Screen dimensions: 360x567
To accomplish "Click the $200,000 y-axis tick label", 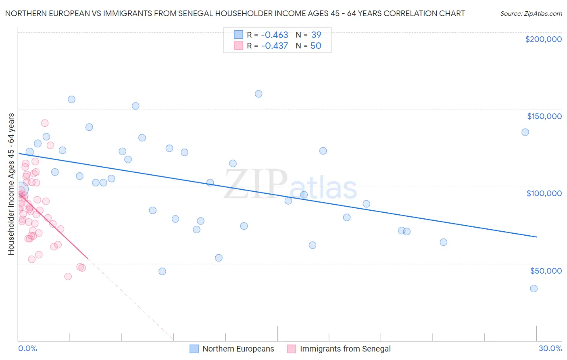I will point(543,39).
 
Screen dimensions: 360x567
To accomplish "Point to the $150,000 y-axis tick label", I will point(544,116).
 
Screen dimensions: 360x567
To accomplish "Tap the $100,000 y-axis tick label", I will point(544,193).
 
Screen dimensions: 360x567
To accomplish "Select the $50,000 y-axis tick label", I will point(546,270).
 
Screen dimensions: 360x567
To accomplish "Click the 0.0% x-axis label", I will point(27,348).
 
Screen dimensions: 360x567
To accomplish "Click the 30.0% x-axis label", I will point(550,348).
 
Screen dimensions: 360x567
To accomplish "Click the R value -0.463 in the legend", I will point(275,35).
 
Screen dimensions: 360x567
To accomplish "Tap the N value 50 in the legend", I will point(316,46).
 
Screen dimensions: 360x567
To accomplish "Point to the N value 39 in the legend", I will point(316,35).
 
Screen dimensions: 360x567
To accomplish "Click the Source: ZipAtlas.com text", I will point(531,13).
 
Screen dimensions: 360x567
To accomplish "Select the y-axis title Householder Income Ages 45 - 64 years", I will point(11,184).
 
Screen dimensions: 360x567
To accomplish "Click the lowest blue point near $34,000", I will point(534,289).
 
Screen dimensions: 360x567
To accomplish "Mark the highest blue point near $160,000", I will point(258,94).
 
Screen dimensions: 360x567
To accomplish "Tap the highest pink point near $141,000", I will point(45,123).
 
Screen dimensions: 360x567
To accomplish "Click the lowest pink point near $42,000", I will point(68,276).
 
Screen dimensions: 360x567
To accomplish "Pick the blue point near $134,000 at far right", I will point(525,132).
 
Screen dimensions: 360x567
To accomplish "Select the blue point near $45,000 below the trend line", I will point(162,271).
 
